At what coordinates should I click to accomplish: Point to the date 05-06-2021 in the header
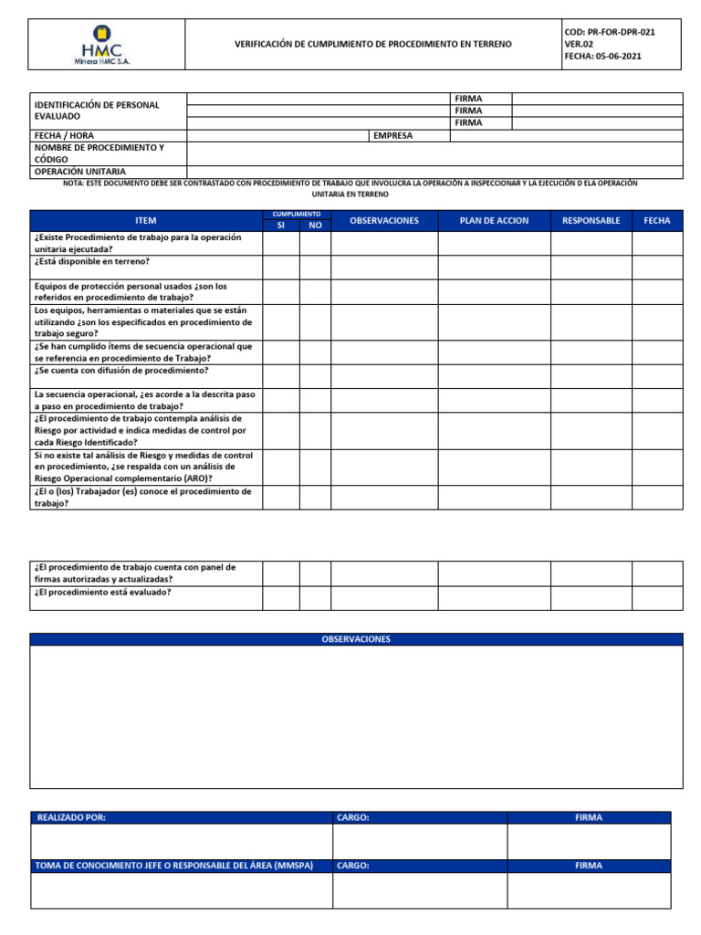pyautogui.click(x=609, y=56)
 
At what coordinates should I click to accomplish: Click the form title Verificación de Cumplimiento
pyautogui.click(x=373, y=44)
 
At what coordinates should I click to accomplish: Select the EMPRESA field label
pyautogui.click(x=392, y=135)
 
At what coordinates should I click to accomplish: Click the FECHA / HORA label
pyautogui.click(x=64, y=135)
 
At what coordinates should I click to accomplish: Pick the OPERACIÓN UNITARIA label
pyautogui.click(x=79, y=172)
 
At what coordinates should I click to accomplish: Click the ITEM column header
pyautogui.click(x=145, y=221)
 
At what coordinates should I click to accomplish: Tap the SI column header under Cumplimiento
pyautogui.click(x=280, y=225)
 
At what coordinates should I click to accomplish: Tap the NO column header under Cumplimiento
pyautogui.click(x=315, y=225)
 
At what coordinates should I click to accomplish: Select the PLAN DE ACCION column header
pyautogui.click(x=493, y=221)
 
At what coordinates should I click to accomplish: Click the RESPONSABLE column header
pyautogui.click(x=591, y=221)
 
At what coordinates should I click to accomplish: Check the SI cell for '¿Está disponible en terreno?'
pyautogui.click(x=280, y=267)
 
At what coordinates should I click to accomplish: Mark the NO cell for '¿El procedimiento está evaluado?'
pyautogui.click(x=315, y=597)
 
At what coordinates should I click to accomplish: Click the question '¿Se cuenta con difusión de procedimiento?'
pyautogui.click(x=120, y=371)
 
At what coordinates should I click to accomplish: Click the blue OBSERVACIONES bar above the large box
pyautogui.click(x=356, y=639)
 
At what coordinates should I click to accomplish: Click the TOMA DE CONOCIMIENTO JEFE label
pyautogui.click(x=173, y=866)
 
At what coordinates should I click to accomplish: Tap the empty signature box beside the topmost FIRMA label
pyautogui.click(x=596, y=99)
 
